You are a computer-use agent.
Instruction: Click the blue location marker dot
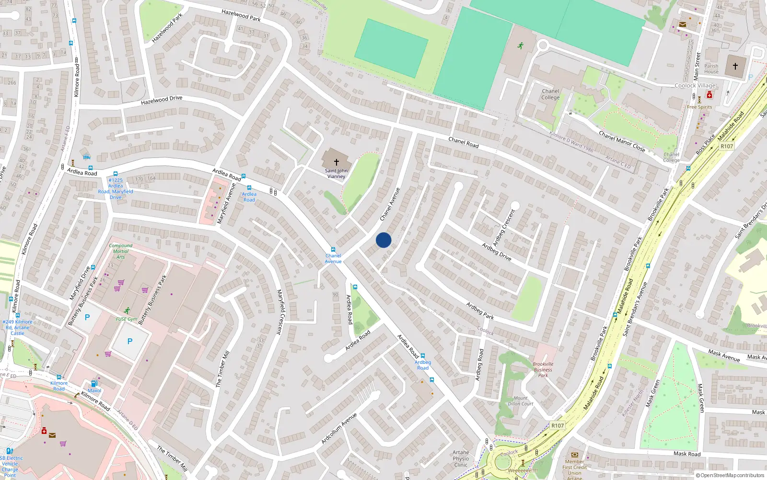pos(383,240)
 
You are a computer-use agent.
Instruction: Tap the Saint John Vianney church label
pos(336,173)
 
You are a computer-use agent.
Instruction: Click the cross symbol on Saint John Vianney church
pos(336,162)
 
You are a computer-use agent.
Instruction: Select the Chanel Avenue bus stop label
pos(333,258)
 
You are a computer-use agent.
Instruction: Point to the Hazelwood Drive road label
pos(162,100)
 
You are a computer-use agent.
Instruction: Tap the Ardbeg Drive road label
pos(497,252)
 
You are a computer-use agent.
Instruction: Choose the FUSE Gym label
pos(127,319)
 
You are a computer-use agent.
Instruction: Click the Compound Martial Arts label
pos(121,251)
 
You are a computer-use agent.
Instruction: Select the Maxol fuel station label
pos(94,390)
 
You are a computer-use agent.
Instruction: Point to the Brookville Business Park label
pos(543,370)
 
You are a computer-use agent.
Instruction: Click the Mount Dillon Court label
pos(521,401)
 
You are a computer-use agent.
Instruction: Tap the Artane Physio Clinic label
pos(461,458)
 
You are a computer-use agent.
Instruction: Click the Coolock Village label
pos(695,85)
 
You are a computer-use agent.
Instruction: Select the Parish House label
pos(711,69)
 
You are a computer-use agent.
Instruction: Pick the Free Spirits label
pos(699,107)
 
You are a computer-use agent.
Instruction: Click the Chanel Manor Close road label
pos(622,141)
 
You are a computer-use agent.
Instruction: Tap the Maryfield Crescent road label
pos(280,312)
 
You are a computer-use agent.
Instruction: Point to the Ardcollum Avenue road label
pos(339,428)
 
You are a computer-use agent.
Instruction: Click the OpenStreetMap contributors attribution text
pos(730,475)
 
